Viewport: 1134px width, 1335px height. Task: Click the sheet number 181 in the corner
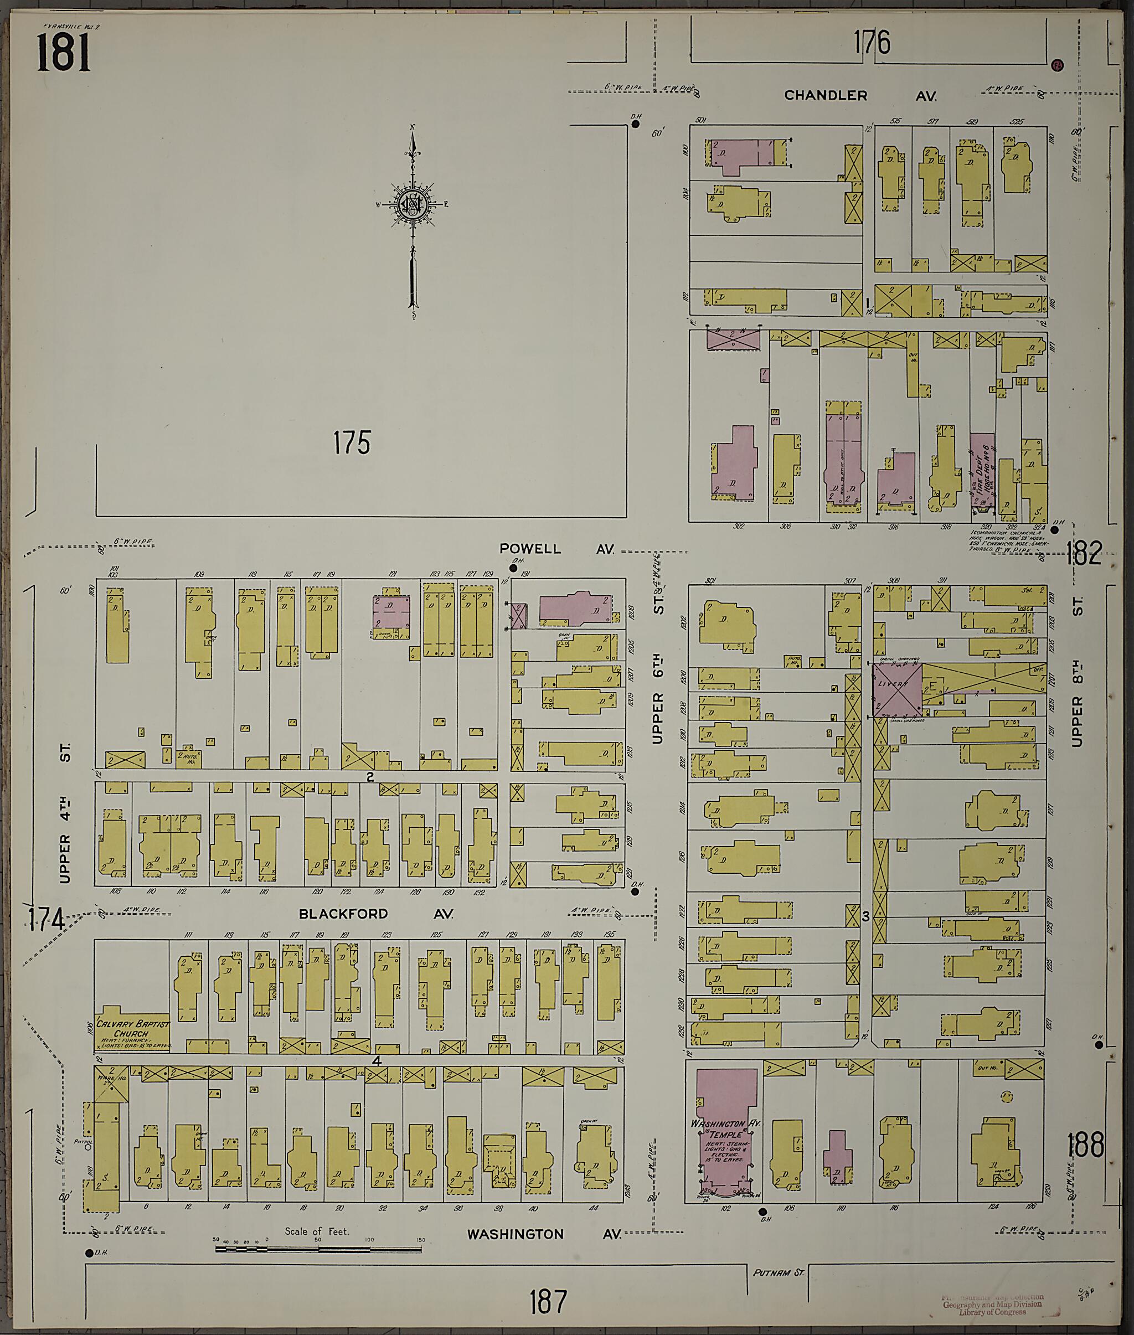[63, 52]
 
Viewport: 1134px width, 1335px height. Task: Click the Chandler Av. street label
[859, 96]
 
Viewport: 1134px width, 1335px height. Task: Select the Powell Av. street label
[556, 549]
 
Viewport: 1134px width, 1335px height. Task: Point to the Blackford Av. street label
[375, 914]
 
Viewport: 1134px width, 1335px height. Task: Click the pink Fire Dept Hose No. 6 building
[982, 474]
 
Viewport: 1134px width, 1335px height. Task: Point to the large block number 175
[352, 444]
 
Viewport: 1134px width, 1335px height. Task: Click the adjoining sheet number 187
[548, 1302]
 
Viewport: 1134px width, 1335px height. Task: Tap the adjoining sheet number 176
[872, 44]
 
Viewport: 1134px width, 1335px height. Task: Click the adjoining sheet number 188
[1085, 1146]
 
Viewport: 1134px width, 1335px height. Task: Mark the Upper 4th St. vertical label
[65, 813]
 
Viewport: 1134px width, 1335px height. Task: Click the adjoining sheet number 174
[47, 921]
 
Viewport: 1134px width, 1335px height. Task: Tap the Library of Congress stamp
[993, 1304]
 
